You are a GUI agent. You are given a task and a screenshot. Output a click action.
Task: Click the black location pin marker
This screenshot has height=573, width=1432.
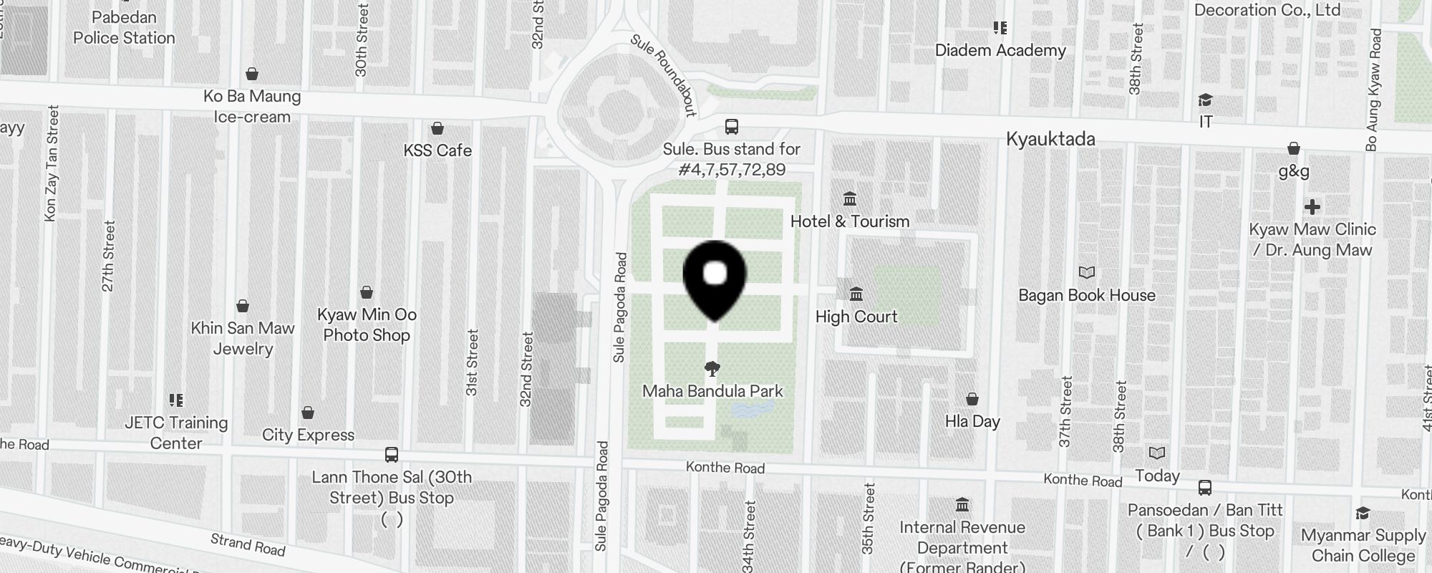(715, 279)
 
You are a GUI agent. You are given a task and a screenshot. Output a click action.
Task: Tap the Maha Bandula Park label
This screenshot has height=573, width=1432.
(712, 391)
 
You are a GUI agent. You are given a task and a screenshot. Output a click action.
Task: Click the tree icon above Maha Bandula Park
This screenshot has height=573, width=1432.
(712, 369)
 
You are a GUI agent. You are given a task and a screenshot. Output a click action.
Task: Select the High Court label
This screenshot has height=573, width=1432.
(856, 317)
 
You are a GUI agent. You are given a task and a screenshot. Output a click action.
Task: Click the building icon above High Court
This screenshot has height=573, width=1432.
(856, 294)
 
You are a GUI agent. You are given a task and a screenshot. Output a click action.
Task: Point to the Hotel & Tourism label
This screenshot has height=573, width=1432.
(850, 221)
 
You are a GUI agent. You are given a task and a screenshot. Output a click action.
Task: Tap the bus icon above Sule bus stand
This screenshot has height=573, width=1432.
(731, 127)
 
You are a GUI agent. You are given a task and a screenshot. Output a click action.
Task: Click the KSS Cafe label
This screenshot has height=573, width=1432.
(437, 150)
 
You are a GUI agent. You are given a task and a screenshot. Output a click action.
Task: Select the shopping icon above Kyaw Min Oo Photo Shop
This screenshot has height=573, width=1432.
(367, 292)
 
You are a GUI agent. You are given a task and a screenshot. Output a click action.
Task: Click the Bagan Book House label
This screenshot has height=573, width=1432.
(1087, 295)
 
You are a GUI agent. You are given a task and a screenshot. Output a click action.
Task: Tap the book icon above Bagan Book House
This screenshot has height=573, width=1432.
(1087, 272)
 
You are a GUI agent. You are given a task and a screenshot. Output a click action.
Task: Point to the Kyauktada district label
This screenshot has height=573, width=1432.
(1050, 139)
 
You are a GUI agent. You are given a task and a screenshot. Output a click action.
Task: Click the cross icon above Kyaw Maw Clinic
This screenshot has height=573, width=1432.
(1312, 207)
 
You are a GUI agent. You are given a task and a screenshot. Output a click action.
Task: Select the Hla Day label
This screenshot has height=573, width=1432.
(972, 421)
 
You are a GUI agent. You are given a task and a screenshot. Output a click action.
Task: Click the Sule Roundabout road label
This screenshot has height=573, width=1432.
(664, 74)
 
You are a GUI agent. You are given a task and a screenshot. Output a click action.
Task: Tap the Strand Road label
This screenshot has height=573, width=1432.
(248, 544)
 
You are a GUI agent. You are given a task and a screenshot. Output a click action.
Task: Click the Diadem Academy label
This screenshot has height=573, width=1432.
(1000, 50)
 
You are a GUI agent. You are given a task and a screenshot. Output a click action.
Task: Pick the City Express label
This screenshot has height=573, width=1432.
(308, 435)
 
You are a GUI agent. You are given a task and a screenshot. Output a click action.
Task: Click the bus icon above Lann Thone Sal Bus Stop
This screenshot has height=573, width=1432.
(392, 455)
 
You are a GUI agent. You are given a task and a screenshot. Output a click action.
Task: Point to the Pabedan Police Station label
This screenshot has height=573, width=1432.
(124, 27)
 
